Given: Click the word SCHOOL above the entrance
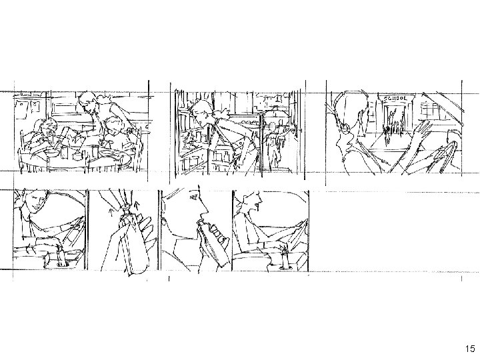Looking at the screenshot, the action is [x=395, y=99].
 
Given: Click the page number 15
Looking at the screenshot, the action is [x=470, y=349].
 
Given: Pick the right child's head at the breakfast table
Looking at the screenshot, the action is [x=113, y=124].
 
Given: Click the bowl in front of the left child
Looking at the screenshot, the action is [x=51, y=152].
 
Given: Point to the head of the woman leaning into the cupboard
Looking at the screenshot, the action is [x=201, y=110].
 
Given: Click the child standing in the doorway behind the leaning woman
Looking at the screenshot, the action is [x=273, y=144].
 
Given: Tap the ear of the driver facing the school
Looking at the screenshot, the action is [x=346, y=127].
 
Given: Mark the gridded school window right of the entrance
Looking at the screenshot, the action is [x=431, y=111].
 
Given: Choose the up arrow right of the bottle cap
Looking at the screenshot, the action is [x=137, y=205].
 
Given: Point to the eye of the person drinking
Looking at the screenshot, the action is [x=193, y=197].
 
